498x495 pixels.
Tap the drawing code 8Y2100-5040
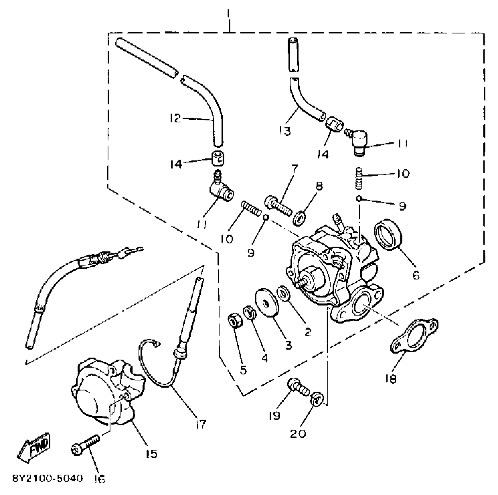(x=48, y=478)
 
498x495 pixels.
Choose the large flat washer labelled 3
(x=267, y=302)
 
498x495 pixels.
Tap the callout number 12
(x=175, y=118)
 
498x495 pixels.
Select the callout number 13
(x=285, y=131)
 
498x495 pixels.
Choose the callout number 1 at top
(x=229, y=14)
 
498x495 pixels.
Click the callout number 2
(x=308, y=332)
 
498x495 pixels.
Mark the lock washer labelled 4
(x=250, y=314)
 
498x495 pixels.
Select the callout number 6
(x=416, y=275)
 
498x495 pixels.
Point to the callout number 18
(x=390, y=379)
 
